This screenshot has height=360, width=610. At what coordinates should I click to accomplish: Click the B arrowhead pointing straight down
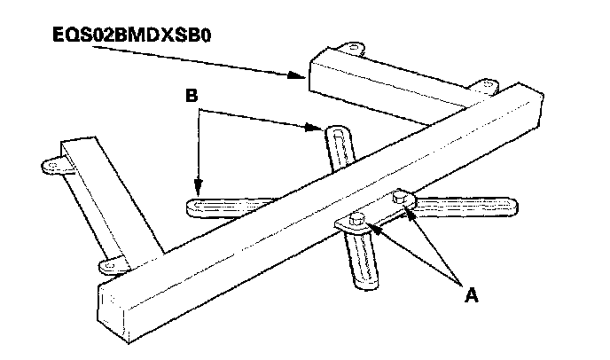[199, 189]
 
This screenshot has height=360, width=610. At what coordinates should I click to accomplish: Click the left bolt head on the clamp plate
[360, 217]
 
